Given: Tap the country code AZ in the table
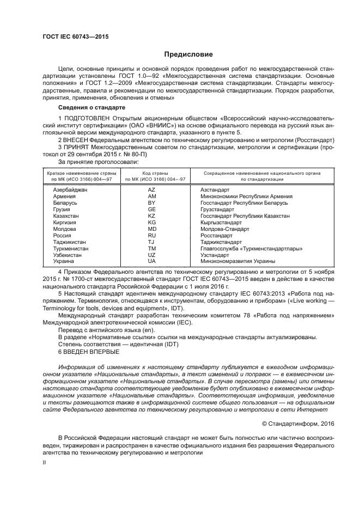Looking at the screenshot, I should click(x=152, y=190).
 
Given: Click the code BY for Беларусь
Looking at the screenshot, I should click(x=152, y=203).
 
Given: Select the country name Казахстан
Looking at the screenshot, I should click(x=66, y=216).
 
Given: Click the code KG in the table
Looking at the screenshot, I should click(x=152, y=223).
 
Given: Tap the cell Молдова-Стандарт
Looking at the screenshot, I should click(x=224, y=229).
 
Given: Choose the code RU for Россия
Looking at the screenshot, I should click(x=152, y=236).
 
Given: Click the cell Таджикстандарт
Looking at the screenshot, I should click(x=221, y=242).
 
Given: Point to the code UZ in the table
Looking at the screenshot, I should click(x=152, y=255).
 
